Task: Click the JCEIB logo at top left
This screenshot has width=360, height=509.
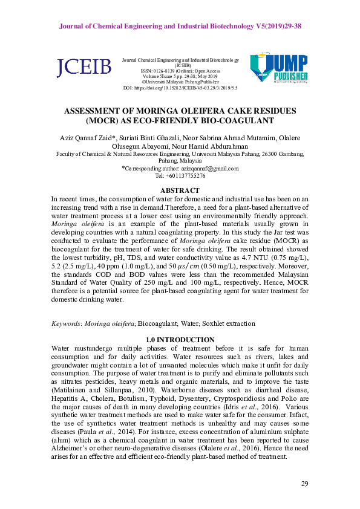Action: click(84, 68)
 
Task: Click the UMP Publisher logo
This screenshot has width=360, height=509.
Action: click(279, 68)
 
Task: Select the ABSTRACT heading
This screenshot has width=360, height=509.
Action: click(180, 189)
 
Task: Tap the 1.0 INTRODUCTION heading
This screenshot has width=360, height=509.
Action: click(180, 339)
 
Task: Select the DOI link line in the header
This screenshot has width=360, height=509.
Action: click(180, 88)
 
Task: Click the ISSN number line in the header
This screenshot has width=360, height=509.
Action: click(180, 71)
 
